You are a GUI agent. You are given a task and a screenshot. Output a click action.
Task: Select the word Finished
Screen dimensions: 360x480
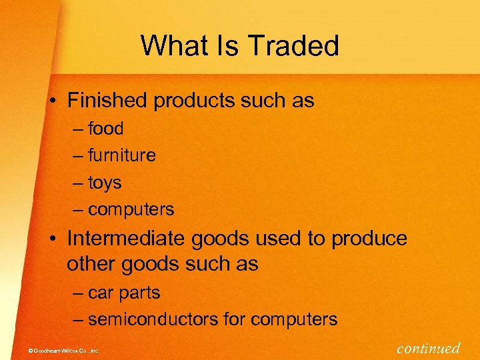click(x=108, y=101)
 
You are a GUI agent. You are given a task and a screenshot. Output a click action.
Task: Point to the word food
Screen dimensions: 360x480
click(x=106, y=128)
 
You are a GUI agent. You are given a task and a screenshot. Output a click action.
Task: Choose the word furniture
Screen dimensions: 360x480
click(x=122, y=155)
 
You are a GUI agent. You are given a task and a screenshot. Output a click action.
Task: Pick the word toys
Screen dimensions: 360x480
click(x=105, y=182)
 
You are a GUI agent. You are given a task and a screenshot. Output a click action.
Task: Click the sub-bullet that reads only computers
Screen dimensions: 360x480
click(x=131, y=209)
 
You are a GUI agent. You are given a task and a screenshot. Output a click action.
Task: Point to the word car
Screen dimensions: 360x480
click(x=100, y=293)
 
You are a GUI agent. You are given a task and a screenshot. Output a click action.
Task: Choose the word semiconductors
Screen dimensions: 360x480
click(x=153, y=319)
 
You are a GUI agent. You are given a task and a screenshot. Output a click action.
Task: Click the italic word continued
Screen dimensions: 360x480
click(x=428, y=347)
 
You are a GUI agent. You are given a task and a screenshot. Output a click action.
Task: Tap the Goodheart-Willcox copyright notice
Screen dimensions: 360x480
click(x=60, y=350)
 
